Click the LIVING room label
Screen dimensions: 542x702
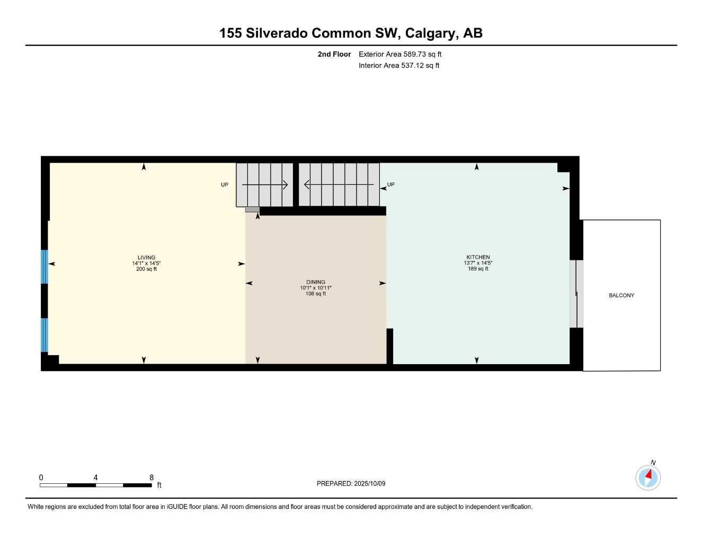click(146, 258)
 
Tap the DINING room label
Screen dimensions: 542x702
click(316, 282)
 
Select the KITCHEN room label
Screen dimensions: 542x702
click(478, 257)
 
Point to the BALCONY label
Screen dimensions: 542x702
click(621, 295)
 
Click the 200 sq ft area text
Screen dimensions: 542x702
click(146, 269)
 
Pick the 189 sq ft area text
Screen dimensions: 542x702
click(478, 269)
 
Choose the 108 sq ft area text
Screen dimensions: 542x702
click(316, 294)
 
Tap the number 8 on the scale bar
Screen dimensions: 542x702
click(152, 477)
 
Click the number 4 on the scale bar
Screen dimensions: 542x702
click(95, 477)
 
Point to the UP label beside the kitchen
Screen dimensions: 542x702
click(391, 185)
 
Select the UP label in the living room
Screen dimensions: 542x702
click(225, 185)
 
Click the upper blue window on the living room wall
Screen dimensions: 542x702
click(45, 267)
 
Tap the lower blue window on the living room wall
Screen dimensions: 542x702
click(45, 335)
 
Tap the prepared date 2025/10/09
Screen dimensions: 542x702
click(370, 483)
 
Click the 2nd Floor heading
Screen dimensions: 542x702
click(334, 54)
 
